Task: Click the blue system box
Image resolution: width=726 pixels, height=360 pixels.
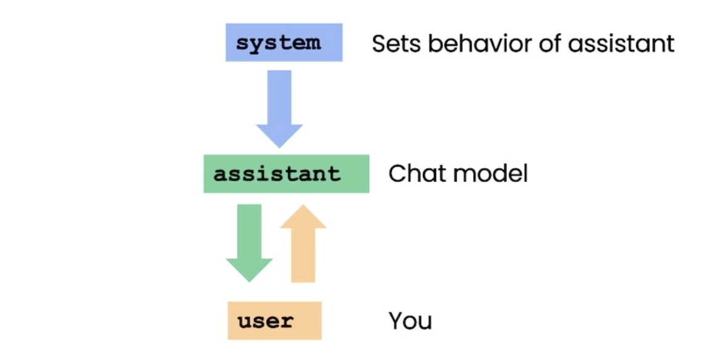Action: pos(284,42)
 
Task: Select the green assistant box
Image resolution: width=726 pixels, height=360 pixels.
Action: pos(286,174)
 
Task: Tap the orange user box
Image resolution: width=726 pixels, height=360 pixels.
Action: pos(275,321)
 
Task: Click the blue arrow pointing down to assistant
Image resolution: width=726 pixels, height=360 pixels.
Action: pos(279,109)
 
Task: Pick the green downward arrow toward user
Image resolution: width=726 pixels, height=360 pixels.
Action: pos(249,243)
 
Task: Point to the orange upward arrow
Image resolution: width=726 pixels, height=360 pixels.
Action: pos(303,243)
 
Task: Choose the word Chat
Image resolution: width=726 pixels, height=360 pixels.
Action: pos(415,174)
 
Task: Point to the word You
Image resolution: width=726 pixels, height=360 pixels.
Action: pos(410,321)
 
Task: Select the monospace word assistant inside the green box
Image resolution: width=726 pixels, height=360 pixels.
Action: pos(277,174)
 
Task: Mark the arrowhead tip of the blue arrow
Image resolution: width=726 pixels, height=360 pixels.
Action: pos(279,148)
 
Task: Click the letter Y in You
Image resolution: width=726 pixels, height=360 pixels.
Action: pos(397,321)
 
